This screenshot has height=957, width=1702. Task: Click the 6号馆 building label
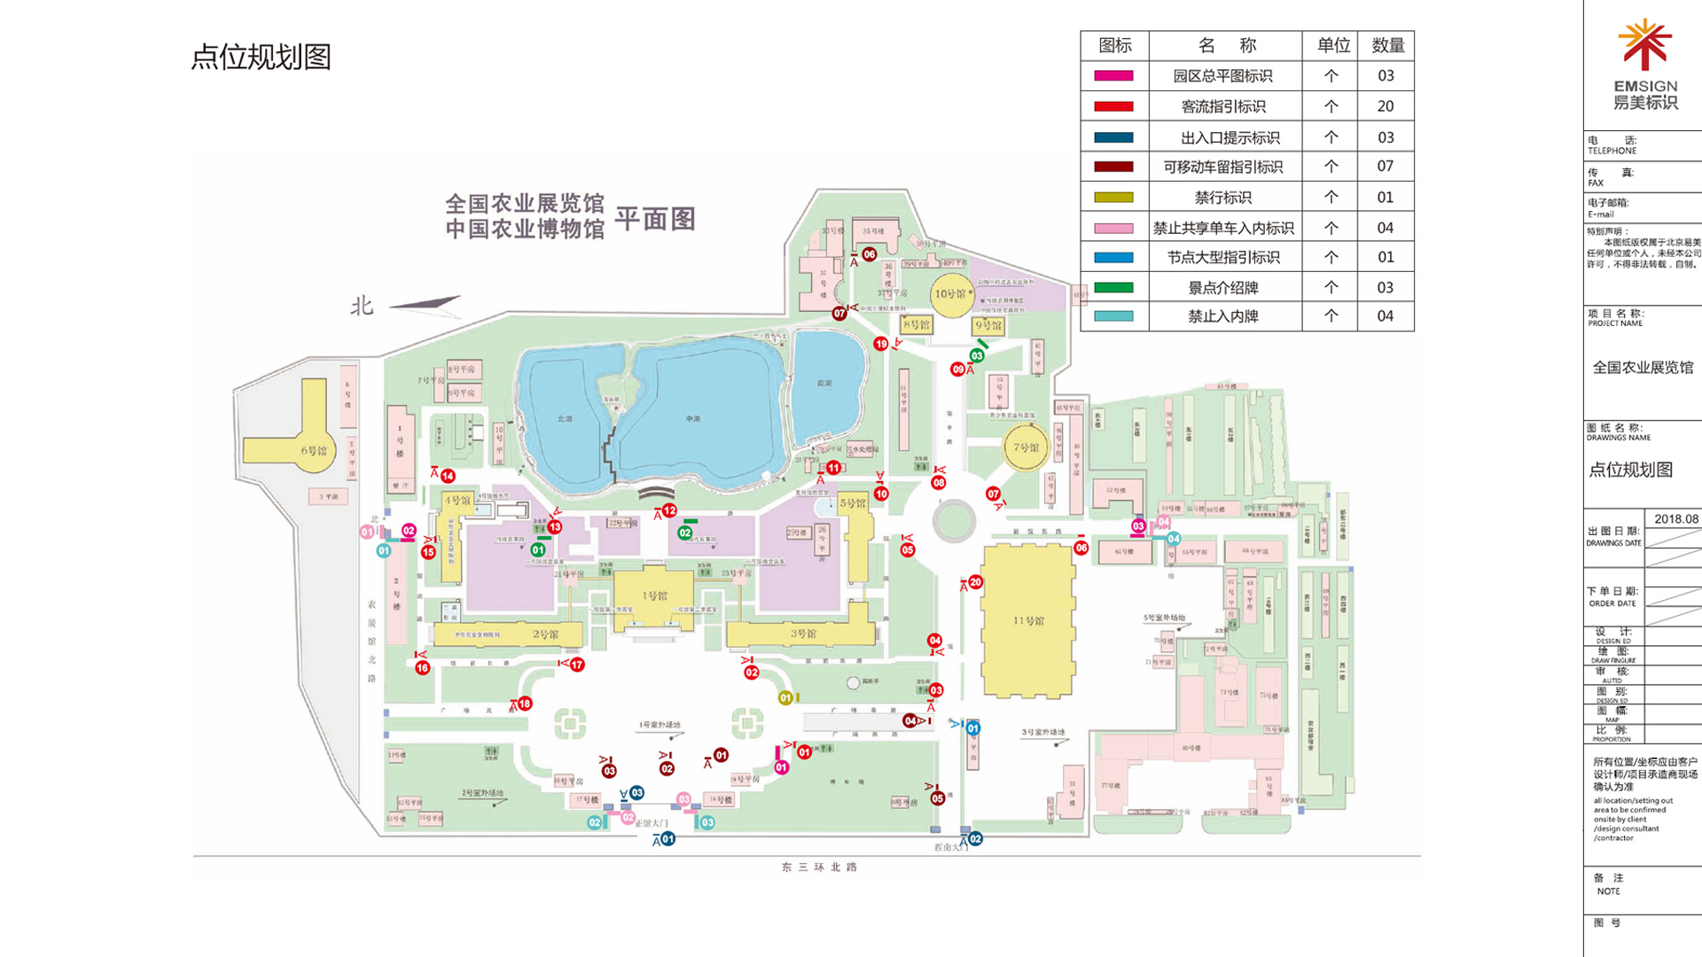tap(314, 450)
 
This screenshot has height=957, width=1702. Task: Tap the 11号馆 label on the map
tap(1028, 620)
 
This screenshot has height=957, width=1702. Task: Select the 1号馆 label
tap(654, 595)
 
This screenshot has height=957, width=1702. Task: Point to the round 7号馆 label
tap(1026, 447)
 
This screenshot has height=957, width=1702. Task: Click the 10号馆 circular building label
tap(950, 293)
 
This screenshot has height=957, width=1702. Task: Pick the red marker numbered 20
tap(975, 582)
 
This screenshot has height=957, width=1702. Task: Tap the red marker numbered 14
tap(448, 476)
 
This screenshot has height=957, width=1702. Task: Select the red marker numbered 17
tap(577, 665)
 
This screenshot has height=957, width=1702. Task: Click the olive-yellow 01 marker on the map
tap(785, 698)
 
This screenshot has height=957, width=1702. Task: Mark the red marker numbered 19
tap(880, 344)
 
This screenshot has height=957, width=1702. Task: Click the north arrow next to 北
tap(425, 304)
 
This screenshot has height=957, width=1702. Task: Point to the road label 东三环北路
tap(819, 868)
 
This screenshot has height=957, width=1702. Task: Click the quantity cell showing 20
tap(1385, 106)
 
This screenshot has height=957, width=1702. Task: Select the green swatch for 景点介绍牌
tap(1113, 287)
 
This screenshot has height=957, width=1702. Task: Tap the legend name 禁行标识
tap(1223, 198)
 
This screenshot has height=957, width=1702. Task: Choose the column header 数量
tap(1387, 45)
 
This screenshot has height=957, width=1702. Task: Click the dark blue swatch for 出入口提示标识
tap(1113, 137)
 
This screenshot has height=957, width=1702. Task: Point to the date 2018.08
tap(1675, 519)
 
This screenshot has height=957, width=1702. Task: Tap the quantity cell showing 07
tap(1385, 167)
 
